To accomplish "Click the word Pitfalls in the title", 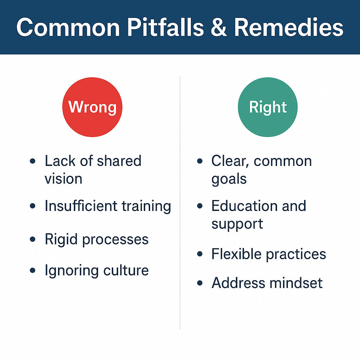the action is [x=165, y=27].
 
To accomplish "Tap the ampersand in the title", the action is [x=219, y=27].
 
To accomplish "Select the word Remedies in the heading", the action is [x=289, y=27].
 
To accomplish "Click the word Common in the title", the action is [x=68, y=27].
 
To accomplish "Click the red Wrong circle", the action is [x=92, y=107].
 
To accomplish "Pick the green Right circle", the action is [x=268, y=107].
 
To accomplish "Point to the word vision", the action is [x=63, y=179].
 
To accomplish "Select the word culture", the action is [x=126, y=270].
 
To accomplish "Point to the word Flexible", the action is [x=236, y=254].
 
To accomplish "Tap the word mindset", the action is [x=296, y=283].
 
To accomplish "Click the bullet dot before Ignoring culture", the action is [x=33, y=270].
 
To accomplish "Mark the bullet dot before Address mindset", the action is [x=200, y=283].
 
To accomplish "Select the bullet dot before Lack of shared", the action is [x=33, y=161].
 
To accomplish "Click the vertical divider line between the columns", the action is [x=180, y=203].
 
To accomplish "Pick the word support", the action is [x=237, y=224].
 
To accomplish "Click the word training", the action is [x=146, y=206].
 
